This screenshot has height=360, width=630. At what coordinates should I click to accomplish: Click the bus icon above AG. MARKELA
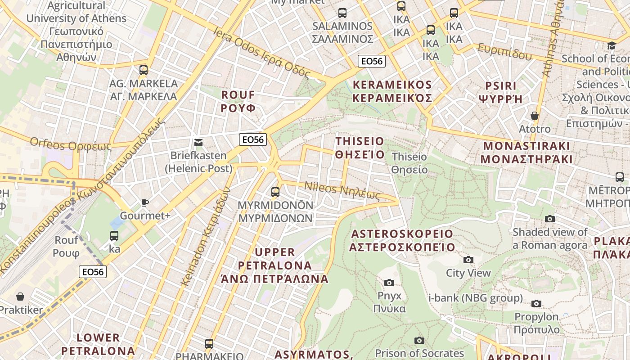tap(144, 70)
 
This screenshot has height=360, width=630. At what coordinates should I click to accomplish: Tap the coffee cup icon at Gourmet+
tap(144, 202)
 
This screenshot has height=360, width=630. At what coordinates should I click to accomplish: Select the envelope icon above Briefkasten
tap(198, 143)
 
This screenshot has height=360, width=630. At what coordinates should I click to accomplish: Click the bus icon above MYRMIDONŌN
tap(275, 192)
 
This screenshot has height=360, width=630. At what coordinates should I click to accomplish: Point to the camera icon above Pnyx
tap(389, 283)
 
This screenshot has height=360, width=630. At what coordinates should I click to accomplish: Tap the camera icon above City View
tap(468, 260)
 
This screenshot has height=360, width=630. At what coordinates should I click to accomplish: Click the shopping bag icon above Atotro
tap(535, 116)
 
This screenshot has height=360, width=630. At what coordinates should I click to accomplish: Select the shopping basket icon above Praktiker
tap(20, 297)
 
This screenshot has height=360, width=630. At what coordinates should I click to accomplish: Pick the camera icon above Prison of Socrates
tap(419, 340)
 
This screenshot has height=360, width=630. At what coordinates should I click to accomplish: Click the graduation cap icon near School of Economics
tap(612, 45)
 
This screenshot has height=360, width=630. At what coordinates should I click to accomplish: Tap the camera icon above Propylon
tap(536, 303)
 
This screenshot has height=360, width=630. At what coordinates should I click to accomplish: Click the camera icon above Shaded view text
tap(550, 219)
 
